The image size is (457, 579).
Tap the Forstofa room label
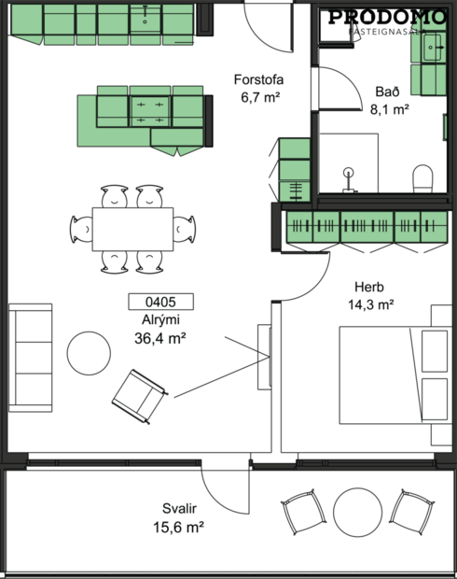point(257,79)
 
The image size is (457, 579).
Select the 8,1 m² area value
point(391,109)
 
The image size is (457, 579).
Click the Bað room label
point(390,92)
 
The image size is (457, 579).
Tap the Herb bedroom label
point(369,287)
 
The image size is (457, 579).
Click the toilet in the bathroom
point(422,177)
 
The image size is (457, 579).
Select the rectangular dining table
point(132,229)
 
